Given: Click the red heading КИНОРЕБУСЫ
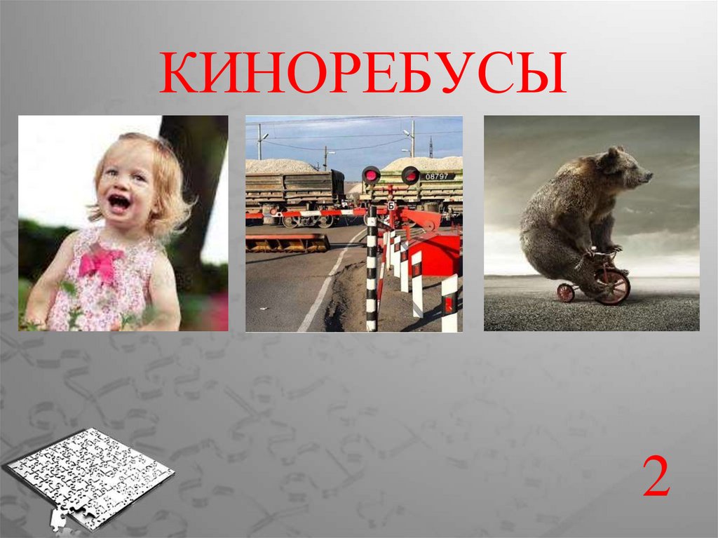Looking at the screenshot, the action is coord(363,73).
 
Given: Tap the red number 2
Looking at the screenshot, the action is coord(656,476).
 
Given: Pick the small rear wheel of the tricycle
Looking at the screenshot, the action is coord(566,292).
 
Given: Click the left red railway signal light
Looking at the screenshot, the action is coord(371,175).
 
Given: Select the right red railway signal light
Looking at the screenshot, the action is coord(410,175).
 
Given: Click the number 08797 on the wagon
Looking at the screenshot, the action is coord(437,177).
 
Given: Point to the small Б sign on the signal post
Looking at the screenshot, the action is coord(391,206).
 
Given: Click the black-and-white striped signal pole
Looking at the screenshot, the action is coord(372,268).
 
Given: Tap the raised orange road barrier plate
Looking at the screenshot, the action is coord(288,243).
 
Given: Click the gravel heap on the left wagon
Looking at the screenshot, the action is coord(280,166).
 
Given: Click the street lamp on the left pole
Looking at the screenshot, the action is coord(264,137).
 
